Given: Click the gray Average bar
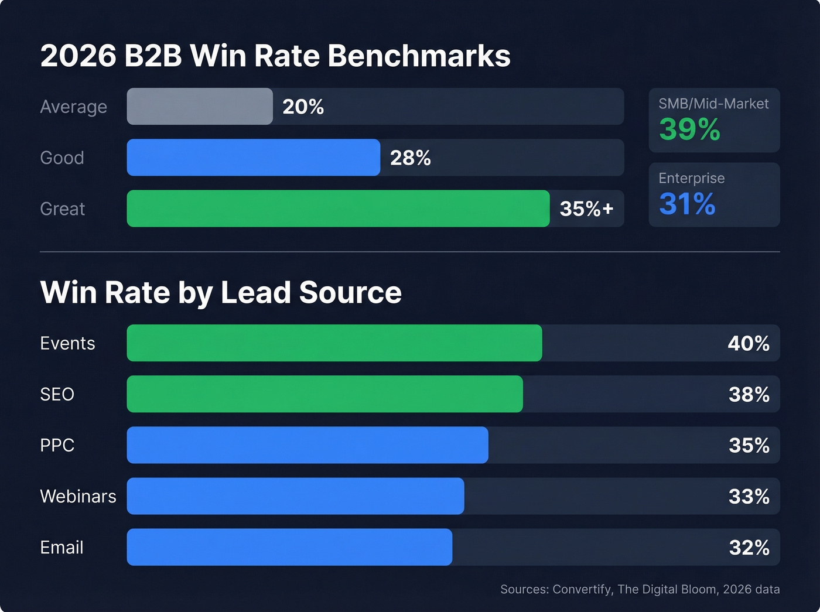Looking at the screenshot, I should (200, 107).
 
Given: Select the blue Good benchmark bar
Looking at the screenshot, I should (253, 158).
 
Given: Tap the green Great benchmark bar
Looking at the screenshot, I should (338, 208).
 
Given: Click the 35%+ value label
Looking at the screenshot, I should (586, 208).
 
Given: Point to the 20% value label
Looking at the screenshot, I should (303, 107).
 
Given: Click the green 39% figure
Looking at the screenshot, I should (689, 129).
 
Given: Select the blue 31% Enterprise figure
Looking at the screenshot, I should (687, 204).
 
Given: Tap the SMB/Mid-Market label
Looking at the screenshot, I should (713, 104).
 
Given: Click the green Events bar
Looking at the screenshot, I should (334, 343).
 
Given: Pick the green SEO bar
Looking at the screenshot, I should (324, 394).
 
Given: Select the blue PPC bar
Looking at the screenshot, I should (307, 445).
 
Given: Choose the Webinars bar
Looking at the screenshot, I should (295, 496).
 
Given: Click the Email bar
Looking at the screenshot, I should (289, 547).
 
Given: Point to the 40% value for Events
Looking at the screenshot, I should (748, 343).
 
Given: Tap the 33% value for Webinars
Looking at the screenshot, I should (749, 497).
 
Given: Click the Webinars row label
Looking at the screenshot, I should (78, 497).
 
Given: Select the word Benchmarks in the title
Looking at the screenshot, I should (419, 56).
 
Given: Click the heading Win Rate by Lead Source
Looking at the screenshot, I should (221, 292).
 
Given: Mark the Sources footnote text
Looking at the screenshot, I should (640, 589).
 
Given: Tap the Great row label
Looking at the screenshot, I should (63, 209).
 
